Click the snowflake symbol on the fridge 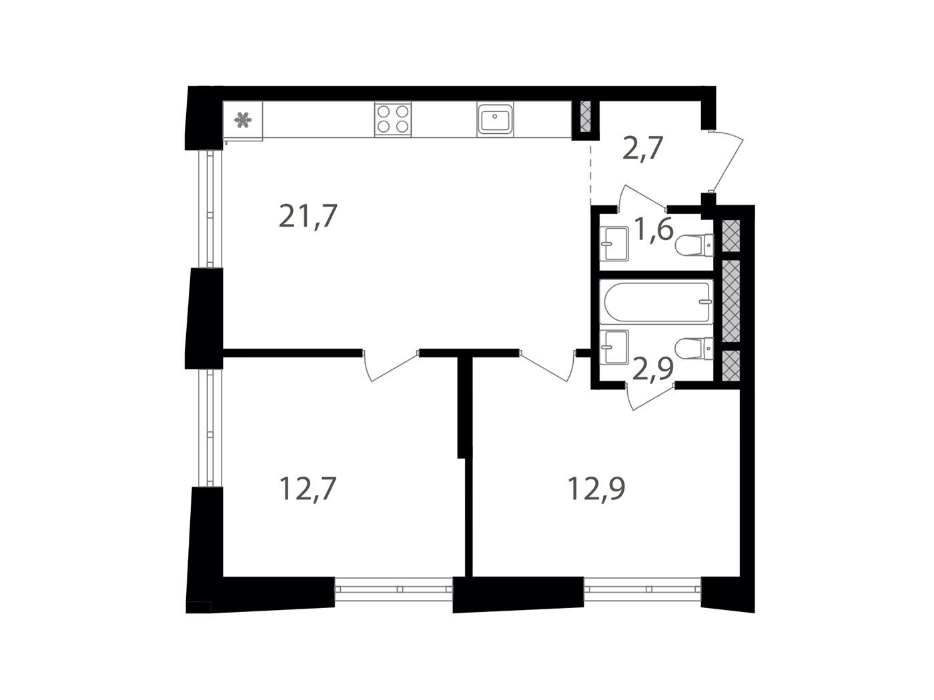point(243,119)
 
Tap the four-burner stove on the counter point(393,119)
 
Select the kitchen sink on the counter point(495,119)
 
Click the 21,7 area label point(308,216)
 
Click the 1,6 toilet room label point(654,229)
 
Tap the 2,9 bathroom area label point(653,368)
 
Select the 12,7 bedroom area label point(308,489)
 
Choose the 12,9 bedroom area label point(596,489)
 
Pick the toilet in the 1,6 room point(694,245)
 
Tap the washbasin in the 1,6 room point(614,244)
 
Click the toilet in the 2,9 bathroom point(694,349)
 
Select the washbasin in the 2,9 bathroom point(614,347)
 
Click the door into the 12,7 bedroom point(391,367)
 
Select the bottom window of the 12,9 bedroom point(642,589)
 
